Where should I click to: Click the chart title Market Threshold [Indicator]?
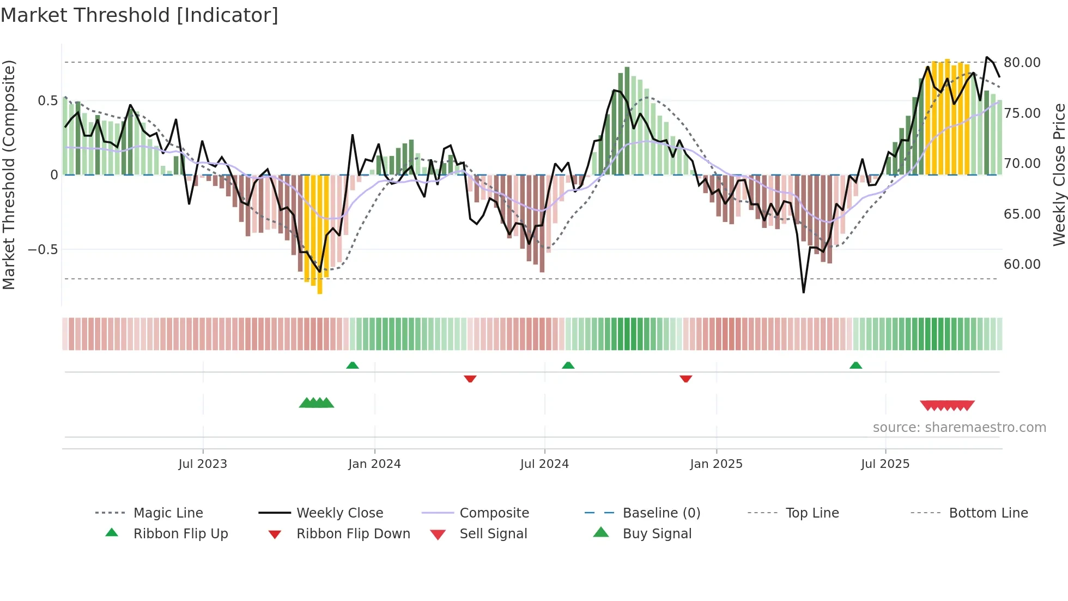point(139,15)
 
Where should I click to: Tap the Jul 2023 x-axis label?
point(203,464)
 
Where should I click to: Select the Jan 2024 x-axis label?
point(374,464)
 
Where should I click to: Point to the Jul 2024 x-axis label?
point(544,464)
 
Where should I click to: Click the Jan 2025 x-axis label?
point(716,464)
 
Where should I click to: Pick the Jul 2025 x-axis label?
point(885,464)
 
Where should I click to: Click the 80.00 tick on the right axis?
point(1022,63)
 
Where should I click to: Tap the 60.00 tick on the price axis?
point(1022,265)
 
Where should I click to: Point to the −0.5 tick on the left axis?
point(43,250)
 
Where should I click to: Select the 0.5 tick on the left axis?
point(47,101)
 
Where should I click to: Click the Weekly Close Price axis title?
point(1059,175)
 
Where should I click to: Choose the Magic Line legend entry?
point(168,513)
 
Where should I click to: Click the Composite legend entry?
point(494,513)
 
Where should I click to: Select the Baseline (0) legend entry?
point(661,513)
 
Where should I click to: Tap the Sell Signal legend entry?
point(493,534)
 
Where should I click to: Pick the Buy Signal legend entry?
point(657,534)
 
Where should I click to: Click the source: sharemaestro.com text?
point(959,428)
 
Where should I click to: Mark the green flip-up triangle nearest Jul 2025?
point(855,365)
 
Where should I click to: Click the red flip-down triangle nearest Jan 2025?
point(685,378)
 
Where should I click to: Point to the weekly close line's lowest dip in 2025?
point(803,292)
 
